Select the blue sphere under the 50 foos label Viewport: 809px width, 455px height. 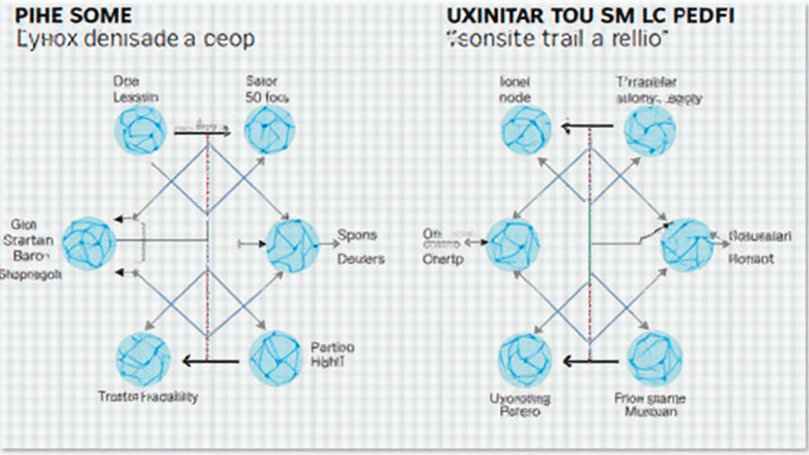(269, 130)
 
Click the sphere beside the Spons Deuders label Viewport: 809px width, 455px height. (292, 246)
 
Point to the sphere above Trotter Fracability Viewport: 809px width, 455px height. (143, 359)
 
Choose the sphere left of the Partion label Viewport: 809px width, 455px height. (275, 358)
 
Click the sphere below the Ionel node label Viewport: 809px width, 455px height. (525, 130)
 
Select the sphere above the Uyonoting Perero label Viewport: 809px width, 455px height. (524, 360)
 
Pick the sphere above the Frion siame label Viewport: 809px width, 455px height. (655, 358)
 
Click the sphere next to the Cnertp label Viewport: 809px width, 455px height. (512, 243)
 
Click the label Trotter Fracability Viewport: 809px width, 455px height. (148, 397)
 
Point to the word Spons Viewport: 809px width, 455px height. (357, 235)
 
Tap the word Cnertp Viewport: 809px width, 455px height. (443, 258)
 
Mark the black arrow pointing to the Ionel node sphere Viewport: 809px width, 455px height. (588, 125)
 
